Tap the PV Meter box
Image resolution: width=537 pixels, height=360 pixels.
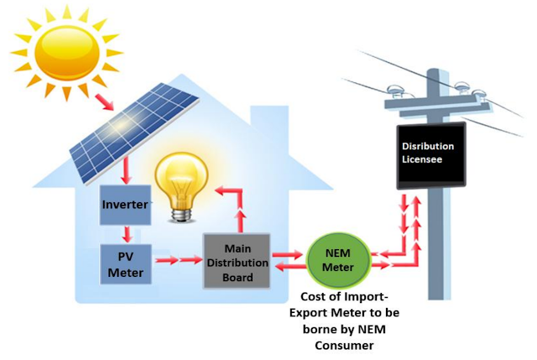pyautogui.click(x=124, y=262)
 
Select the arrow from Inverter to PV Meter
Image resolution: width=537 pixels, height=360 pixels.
pyautogui.click(x=125, y=232)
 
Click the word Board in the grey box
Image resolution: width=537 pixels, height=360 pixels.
pyautogui.click(x=237, y=278)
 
